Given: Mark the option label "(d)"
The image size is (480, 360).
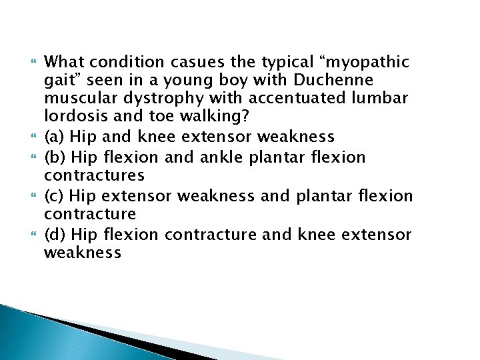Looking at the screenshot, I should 55,234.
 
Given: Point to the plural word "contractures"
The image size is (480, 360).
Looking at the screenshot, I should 94,176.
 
